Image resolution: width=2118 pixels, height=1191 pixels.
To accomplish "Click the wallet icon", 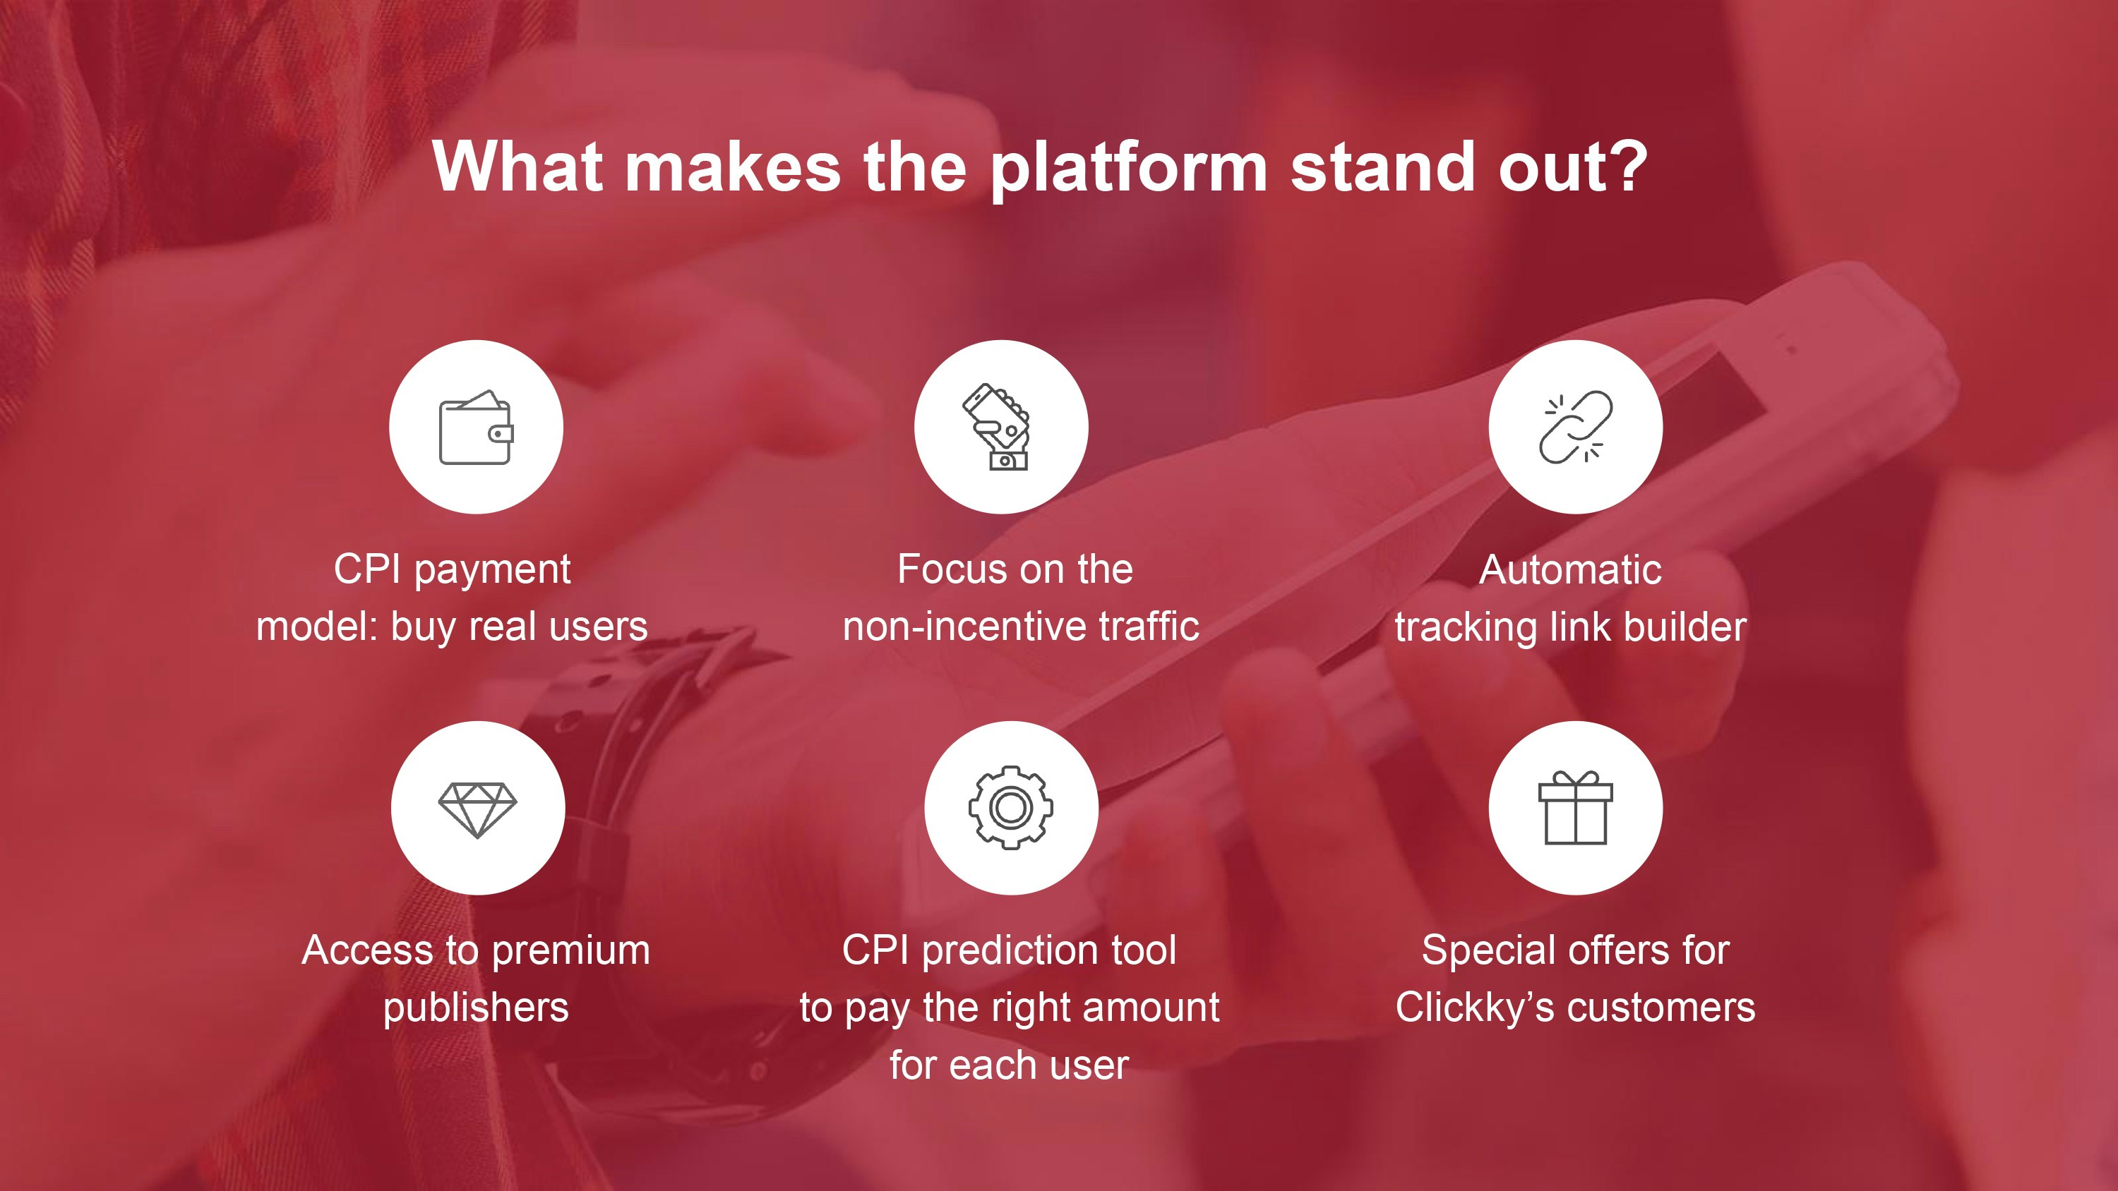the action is pos(476,428).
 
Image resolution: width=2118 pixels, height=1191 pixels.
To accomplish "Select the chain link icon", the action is pos(1575,427).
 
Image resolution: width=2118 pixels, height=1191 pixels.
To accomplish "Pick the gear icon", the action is pos(1010,807).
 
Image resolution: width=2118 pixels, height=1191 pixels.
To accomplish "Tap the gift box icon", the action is pos(1575,807).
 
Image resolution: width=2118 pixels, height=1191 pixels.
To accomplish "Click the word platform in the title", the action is pos(1128,169).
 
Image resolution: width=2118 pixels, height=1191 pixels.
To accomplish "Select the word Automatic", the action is pos(1570,569).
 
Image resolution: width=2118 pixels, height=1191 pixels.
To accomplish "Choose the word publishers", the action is pos(476,1008).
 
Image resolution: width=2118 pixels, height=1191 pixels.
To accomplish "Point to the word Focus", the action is pos(945,569).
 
